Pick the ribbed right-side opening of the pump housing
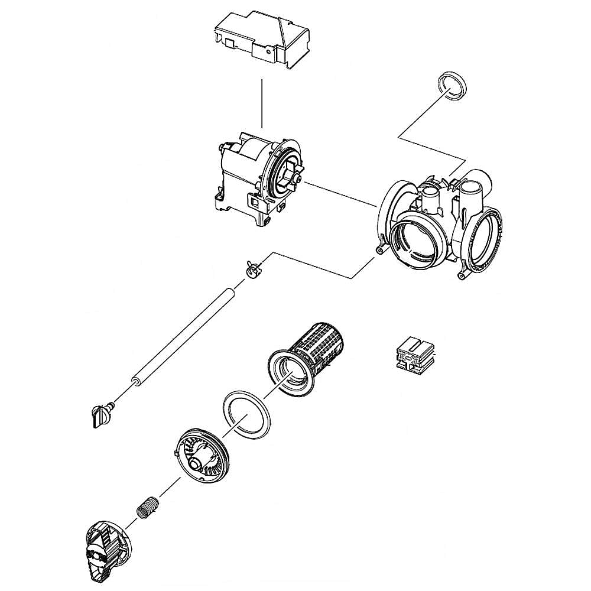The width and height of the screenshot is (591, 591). pyautogui.click(x=486, y=239)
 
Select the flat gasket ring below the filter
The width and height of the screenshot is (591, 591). pyautogui.click(x=245, y=417)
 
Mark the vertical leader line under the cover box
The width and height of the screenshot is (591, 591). pyautogui.click(x=261, y=103)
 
